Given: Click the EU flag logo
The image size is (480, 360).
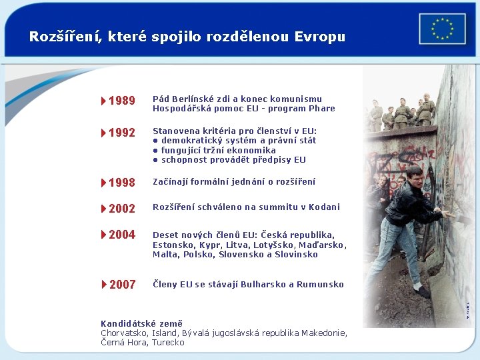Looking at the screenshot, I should [x=442, y=29].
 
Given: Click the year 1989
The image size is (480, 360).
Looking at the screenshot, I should [x=122, y=101].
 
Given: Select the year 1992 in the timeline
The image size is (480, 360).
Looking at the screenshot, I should [x=122, y=133].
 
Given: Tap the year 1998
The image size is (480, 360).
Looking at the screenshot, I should [x=122, y=183].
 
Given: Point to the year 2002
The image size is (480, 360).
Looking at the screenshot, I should [x=122, y=209].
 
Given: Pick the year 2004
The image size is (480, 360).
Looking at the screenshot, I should [x=122, y=235].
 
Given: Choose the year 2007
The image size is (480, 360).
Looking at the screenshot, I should [x=122, y=285].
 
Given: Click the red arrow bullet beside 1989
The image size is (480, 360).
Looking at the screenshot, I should [x=104, y=101].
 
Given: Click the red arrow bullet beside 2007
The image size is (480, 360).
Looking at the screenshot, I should [x=104, y=285].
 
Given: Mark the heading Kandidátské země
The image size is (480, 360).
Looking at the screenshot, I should [x=141, y=323].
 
